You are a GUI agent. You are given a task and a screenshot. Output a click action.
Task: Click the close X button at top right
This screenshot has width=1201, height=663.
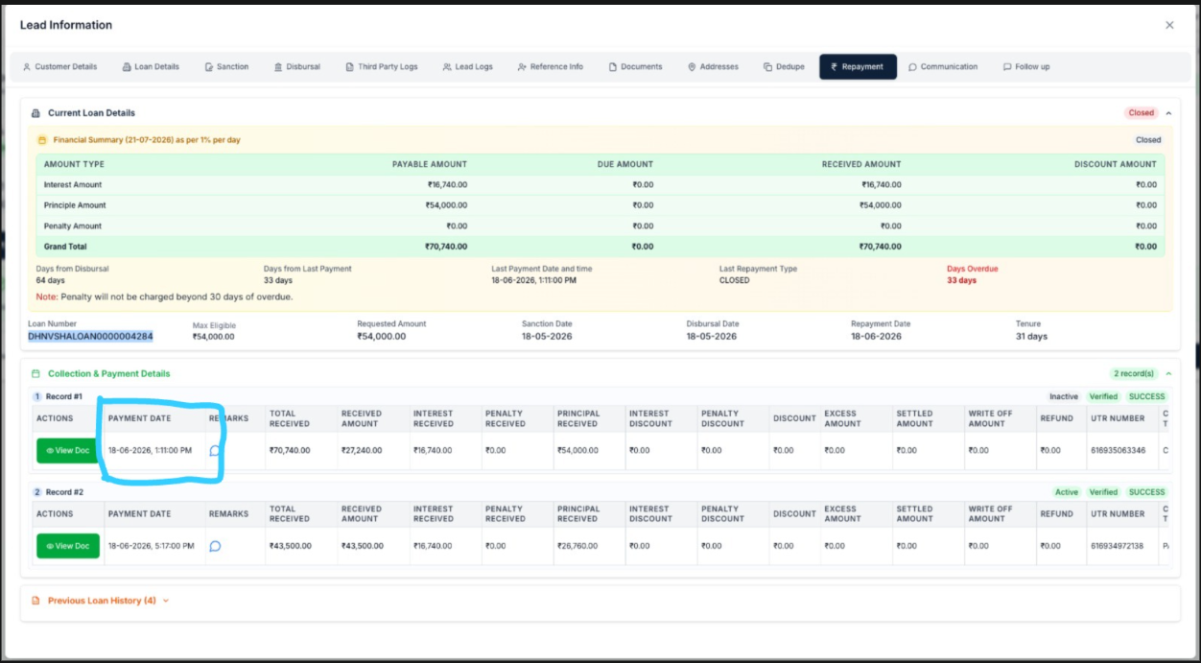(1169, 25)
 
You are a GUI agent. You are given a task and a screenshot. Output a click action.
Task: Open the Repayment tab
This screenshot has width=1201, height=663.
(858, 66)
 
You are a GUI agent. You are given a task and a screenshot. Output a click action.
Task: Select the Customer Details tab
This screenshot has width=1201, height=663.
(60, 66)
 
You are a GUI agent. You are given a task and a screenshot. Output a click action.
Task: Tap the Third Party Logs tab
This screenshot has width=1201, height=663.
(381, 66)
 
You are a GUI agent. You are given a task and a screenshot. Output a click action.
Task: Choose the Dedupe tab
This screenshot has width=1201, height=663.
(784, 66)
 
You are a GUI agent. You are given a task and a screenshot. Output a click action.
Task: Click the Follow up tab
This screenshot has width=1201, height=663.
(1026, 66)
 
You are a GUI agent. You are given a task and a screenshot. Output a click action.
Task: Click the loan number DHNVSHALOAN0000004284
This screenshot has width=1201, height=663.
(90, 337)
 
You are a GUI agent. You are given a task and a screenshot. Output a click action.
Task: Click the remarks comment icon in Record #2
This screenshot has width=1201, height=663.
(215, 546)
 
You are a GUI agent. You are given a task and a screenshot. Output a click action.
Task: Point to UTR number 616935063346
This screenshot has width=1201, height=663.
(1118, 450)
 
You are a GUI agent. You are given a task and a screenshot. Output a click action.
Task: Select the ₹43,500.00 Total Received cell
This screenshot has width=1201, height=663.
(290, 546)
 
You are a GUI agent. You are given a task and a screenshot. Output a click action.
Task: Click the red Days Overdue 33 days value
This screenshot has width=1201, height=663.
(961, 280)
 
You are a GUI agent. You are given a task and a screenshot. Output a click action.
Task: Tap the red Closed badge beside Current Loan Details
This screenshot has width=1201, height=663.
(1141, 112)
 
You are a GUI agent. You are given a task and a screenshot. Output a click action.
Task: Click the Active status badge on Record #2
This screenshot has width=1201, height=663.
(1067, 492)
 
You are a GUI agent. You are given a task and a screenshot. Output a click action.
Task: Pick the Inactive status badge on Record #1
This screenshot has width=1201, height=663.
(1064, 396)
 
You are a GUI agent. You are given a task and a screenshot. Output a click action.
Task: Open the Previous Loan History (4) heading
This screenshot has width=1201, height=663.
(102, 601)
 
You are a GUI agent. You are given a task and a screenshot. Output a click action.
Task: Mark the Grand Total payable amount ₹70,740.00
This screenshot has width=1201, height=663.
(445, 247)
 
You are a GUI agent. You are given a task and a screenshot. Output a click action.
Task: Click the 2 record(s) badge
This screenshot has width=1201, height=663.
(1134, 373)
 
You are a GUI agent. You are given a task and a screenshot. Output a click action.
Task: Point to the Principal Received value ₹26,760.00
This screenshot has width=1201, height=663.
(577, 546)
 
